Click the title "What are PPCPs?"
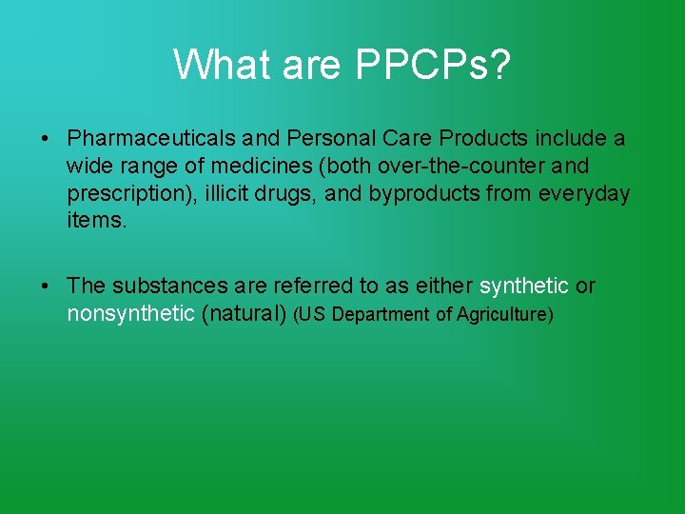click(x=342, y=65)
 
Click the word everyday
click(x=585, y=194)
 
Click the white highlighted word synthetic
click(x=523, y=287)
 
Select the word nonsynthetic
click(x=130, y=314)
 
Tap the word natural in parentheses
click(x=245, y=314)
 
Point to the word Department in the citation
click(x=381, y=315)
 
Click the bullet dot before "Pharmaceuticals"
click(x=45, y=140)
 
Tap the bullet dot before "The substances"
click(x=45, y=287)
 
